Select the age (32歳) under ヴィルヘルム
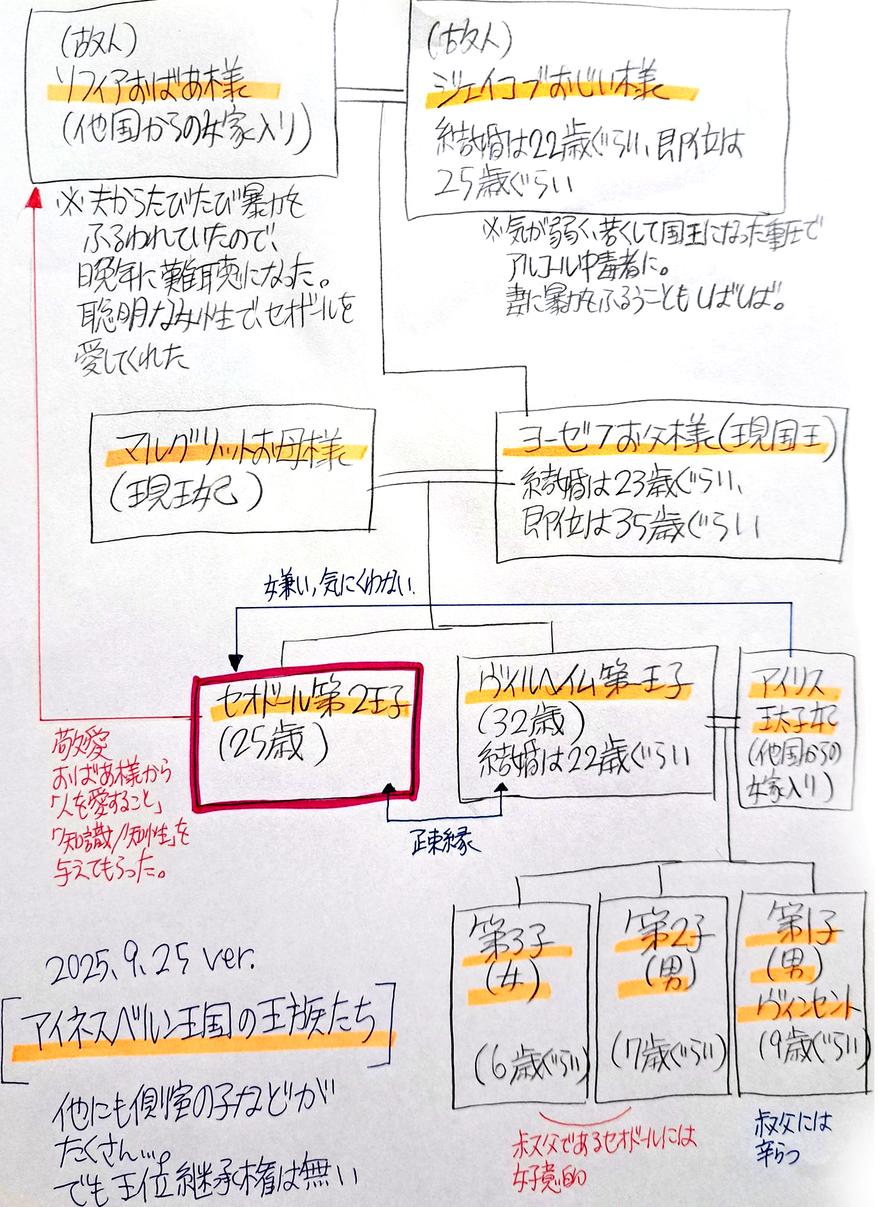pos(531,722)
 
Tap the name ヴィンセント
pos(798,1007)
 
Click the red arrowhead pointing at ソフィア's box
pos(35,197)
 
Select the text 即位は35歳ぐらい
pos(640,526)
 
